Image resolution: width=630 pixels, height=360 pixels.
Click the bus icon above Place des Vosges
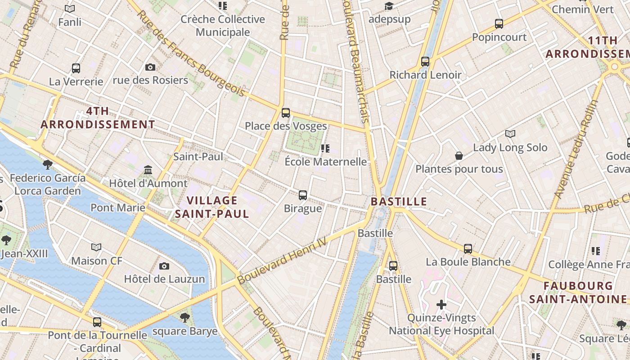(285, 112)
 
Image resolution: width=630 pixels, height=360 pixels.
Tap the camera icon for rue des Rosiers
(150, 67)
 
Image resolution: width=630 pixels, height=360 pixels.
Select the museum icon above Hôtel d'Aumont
(148, 170)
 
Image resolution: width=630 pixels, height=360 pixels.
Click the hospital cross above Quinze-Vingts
(441, 305)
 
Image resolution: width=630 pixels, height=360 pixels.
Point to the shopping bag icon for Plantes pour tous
(459, 156)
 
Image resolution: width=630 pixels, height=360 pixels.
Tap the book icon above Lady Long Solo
(510, 134)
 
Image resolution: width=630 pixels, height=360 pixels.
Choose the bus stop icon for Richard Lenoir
(425, 61)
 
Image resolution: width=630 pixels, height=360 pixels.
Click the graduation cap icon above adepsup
(389, 6)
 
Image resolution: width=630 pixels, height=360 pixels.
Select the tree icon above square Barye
(184, 318)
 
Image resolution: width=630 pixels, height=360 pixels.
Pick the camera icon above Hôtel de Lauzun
(164, 266)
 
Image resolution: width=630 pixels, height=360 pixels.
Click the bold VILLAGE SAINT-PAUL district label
(212, 207)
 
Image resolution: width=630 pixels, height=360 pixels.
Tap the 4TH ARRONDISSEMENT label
(98, 117)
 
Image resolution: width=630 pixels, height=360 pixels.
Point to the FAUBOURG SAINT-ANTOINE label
(578, 292)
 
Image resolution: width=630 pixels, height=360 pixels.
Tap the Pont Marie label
(118, 207)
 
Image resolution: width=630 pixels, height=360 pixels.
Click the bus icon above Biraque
(303, 195)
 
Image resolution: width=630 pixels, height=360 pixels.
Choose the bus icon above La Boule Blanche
(468, 248)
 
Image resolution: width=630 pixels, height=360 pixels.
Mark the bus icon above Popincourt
(499, 23)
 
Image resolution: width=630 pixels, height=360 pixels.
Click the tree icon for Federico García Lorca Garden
(47, 164)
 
